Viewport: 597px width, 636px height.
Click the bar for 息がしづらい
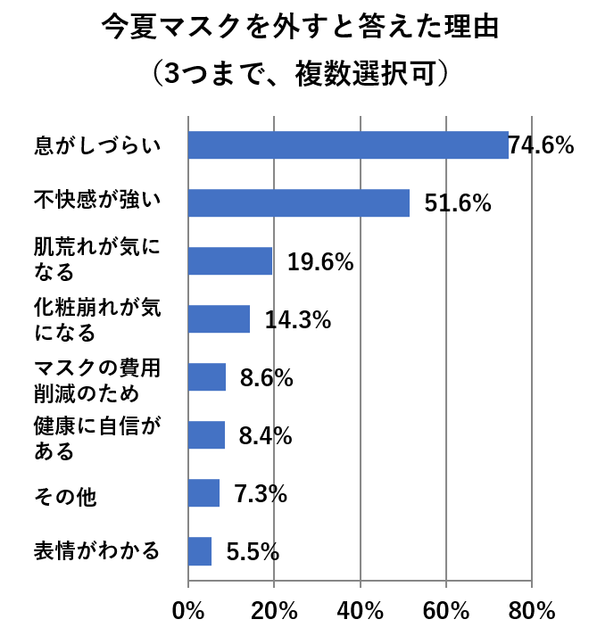[348, 145]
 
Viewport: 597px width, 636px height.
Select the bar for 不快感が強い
[299, 202]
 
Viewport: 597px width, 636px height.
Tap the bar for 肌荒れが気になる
[230, 261]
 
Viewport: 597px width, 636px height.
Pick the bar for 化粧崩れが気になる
[220, 319]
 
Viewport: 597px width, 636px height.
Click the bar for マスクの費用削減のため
[207, 377]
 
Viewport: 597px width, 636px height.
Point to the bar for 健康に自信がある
[207, 435]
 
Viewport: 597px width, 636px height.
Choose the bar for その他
[204, 493]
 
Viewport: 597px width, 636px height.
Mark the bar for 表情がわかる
[200, 551]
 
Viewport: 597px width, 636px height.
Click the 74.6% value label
[541, 145]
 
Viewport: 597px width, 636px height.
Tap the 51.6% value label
[458, 204]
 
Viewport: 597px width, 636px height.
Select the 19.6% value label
[320, 262]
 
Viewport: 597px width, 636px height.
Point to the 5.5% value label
[253, 552]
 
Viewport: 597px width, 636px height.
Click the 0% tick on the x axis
[188, 612]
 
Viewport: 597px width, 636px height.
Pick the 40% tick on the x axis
[360, 612]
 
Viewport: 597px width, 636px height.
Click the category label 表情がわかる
[96, 550]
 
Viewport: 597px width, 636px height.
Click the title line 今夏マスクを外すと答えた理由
[298, 29]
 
